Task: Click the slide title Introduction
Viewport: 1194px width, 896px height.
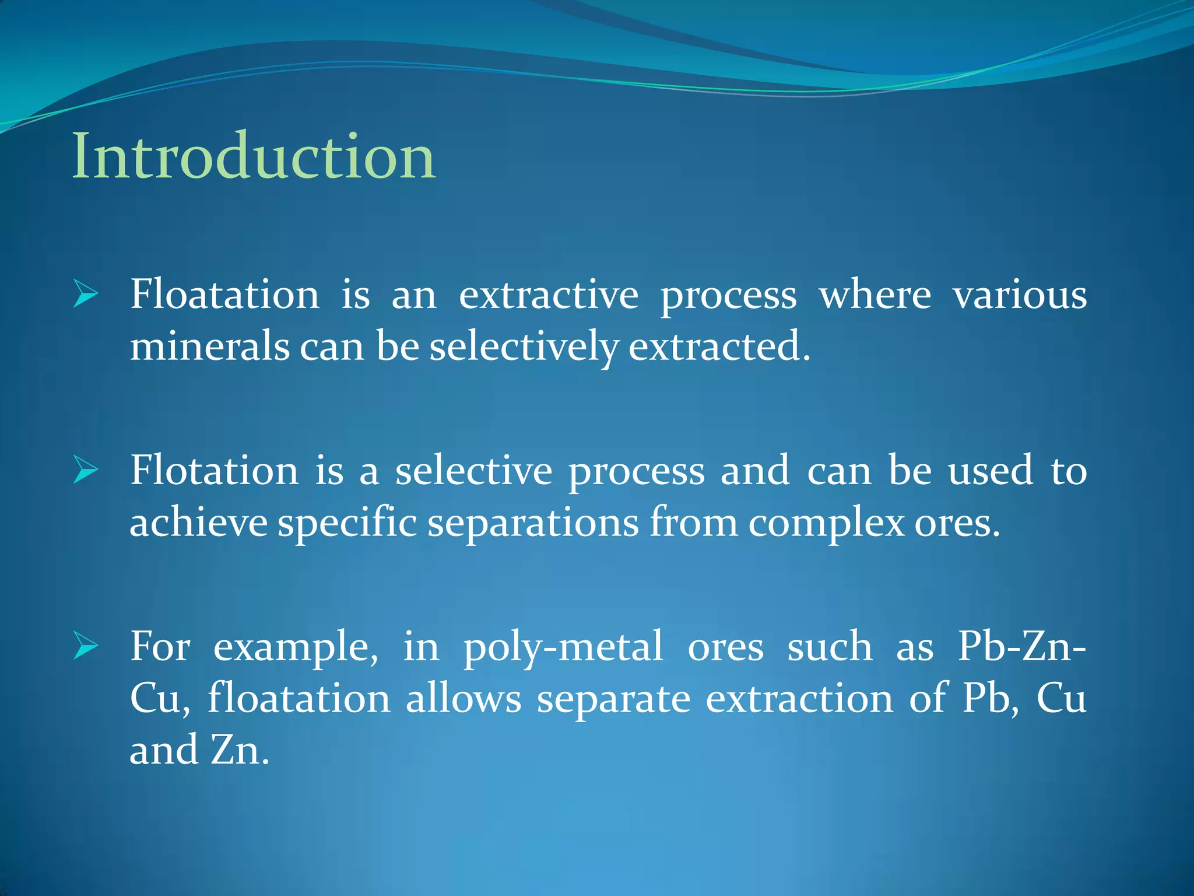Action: [x=254, y=156]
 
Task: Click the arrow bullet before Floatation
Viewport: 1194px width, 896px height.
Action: [x=86, y=293]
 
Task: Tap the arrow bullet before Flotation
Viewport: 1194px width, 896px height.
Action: [x=86, y=470]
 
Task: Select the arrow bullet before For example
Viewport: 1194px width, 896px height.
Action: [x=86, y=646]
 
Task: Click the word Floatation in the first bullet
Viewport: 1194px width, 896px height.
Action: [x=224, y=294]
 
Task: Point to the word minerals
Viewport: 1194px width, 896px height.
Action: [x=209, y=346]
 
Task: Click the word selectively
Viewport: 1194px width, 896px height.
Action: [x=523, y=348]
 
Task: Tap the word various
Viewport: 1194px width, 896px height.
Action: [x=1020, y=294]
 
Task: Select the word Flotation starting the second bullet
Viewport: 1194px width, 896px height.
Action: [x=214, y=470]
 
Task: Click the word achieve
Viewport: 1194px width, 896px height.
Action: [x=198, y=523]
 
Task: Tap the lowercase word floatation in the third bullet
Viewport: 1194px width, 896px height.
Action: [x=298, y=699]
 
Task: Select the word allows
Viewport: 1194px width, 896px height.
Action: [x=463, y=699]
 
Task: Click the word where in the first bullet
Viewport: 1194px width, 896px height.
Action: [x=875, y=294]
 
